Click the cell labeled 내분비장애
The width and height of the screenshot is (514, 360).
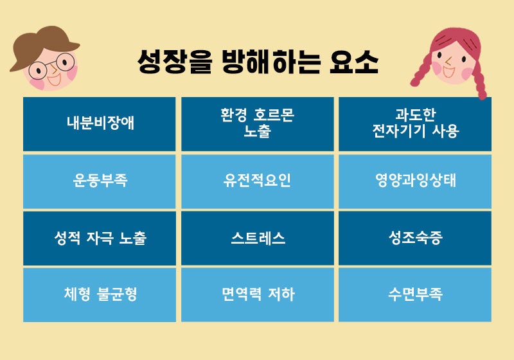100,124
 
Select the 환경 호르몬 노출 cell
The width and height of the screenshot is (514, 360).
258,124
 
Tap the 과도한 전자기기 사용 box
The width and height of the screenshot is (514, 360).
415,124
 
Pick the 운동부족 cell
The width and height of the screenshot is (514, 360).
100,182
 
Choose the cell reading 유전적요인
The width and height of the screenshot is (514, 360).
258,182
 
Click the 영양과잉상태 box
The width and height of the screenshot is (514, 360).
415,182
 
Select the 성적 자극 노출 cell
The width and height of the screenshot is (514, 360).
100,239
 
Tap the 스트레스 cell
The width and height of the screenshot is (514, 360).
258,239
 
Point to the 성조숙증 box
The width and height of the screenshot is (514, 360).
415,239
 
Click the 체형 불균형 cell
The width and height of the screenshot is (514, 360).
100,295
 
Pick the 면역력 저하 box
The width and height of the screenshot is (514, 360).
258,295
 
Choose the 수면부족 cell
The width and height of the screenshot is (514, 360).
415,295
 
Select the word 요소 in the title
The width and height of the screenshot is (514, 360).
354,62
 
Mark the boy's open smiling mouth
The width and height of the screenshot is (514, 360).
54,80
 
